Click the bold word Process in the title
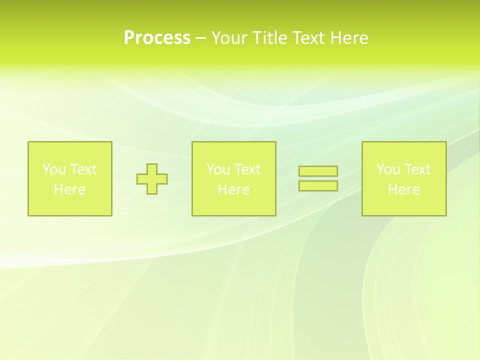(x=157, y=38)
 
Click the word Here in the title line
(x=349, y=38)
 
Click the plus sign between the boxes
(x=152, y=179)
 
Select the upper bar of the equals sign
(x=318, y=171)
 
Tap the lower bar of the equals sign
(x=318, y=185)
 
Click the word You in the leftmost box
(x=54, y=169)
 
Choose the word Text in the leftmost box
(x=83, y=169)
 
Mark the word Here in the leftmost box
(x=69, y=189)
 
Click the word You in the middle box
(x=218, y=169)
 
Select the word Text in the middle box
(x=247, y=169)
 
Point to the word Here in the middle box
(x=233, y=189)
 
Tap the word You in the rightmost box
(x=388, y=169)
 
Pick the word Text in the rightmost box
(x=417, y=169)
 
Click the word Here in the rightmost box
(x=403, y=189)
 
